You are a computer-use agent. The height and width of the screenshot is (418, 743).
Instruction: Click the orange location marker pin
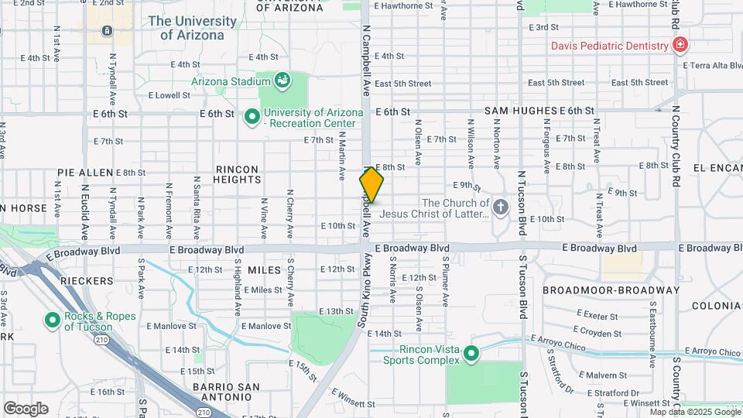click(371, 184)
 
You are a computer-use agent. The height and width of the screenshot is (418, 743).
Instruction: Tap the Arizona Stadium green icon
click(282, 80)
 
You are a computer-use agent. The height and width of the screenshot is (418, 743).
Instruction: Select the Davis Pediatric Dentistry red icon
click(680, 46)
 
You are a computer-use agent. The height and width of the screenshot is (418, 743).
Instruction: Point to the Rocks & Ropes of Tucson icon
click(53, 320)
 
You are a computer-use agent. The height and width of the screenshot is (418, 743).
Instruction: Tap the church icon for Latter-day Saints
click(501, 207)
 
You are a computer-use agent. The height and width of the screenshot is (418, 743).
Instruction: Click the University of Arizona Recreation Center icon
click(252, 117)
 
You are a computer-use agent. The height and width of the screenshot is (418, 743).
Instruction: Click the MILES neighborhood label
click(265, 269)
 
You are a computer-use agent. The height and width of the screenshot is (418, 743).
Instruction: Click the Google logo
click(26, 408)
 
